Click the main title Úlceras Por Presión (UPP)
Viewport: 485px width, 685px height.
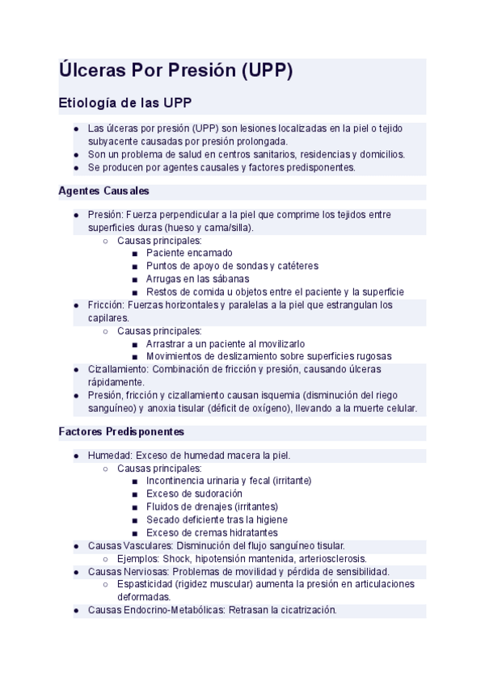(175, 71)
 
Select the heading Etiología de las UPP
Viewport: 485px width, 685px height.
(125, 103)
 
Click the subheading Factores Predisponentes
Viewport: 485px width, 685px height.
(121, 432)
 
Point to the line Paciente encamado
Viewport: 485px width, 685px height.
(189, 253)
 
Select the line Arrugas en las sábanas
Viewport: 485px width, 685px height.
(198, 279)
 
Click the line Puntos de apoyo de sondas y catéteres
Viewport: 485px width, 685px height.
(232, 266)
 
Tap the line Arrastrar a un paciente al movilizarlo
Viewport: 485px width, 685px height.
(226, 343)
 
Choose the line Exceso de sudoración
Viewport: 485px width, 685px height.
(194, 494)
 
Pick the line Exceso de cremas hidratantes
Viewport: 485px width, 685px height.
(212, 532)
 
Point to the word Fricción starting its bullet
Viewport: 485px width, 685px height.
(107, 305)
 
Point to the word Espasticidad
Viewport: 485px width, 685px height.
(144, 584)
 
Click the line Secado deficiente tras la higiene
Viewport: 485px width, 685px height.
(217, 519)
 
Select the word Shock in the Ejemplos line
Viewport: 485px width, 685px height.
(176, 559)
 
